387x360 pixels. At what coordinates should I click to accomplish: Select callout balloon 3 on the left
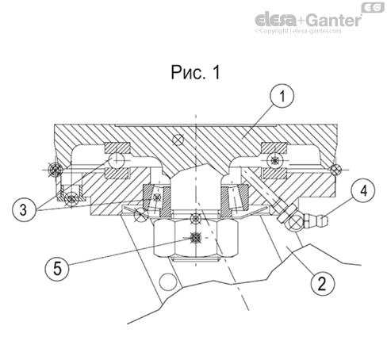pyautogui.click(x=25, y=210)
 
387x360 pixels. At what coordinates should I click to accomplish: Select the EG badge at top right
pyautogui.click(x=370, y=7)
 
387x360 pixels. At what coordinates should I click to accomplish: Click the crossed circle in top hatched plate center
pyautogui.click(x=182, y=142)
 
